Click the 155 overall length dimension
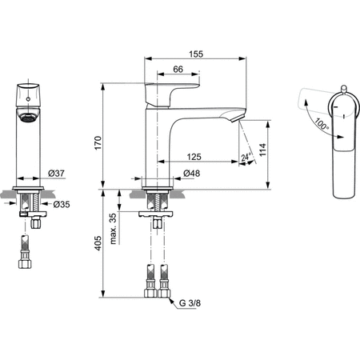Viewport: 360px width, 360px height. (197, 54)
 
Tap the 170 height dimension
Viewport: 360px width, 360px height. (98, 142)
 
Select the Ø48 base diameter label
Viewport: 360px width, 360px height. (191, 174)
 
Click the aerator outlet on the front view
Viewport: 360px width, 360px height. (26, 118)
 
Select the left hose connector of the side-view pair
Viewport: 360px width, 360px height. (150, 285)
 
